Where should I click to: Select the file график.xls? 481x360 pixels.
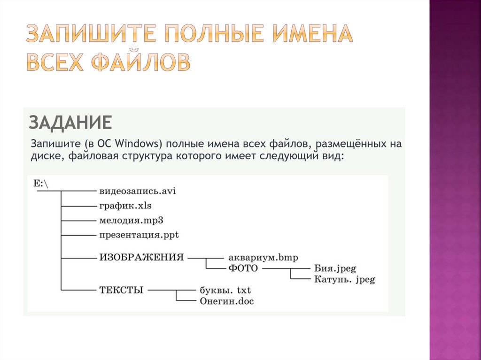[x=125, y=206]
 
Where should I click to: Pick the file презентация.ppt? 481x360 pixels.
[x=139, y=234]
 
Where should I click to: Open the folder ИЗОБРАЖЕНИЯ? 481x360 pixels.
[x=141, y=258]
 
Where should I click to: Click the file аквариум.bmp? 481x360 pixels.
[x=263, y=258]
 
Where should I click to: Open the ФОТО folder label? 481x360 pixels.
[x=243, y=268]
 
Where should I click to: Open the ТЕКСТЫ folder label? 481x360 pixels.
[x=121, y=290]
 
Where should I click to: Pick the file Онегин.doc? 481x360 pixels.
[x=226, y=301]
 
